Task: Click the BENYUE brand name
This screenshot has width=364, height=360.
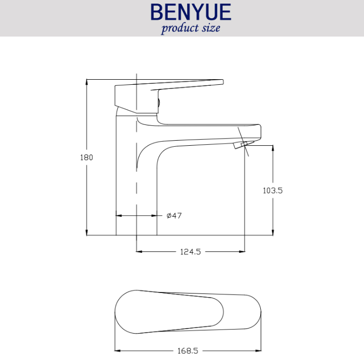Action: coord(191,12)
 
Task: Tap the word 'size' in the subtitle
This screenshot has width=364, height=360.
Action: coord(211,28)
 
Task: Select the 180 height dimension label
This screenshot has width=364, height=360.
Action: coord(86,157)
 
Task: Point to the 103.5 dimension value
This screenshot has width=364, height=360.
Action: coord(272,190)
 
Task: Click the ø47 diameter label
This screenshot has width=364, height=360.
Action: coord(174,216)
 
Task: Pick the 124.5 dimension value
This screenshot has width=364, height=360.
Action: coord(190,252)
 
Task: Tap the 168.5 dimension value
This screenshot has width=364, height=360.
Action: coord(188,351)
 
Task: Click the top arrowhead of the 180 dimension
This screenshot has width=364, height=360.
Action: coord(86,82)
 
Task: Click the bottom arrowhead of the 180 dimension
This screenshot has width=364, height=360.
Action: coord(86,233)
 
